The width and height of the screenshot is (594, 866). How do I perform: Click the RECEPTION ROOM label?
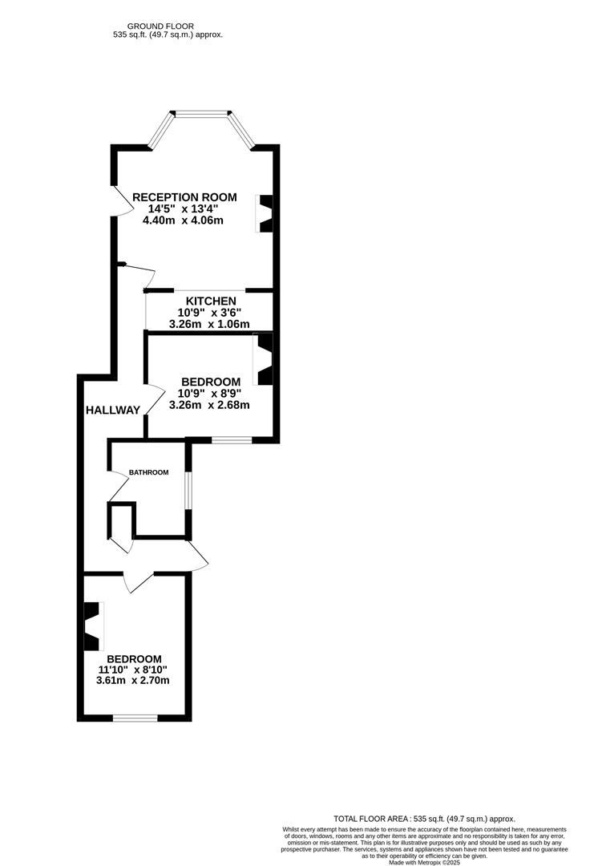[x=184, y=197]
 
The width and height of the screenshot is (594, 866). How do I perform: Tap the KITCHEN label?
[x=211, y=301]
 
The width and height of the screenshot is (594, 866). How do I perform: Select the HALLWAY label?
[x=112, y=411]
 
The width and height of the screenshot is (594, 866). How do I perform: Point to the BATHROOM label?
[x=148, y=473]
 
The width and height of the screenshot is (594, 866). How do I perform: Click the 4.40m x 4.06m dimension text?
[x=183, y=221]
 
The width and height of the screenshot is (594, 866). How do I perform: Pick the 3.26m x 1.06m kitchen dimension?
[x=209, y=324]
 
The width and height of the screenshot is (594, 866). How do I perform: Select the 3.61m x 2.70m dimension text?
[x=132, y=681]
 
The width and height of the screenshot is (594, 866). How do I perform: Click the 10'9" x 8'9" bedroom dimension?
[x=209, y=393]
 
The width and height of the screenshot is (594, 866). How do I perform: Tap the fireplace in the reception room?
[x=265, y=213]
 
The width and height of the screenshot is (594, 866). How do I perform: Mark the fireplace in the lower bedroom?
[x=93, y=626]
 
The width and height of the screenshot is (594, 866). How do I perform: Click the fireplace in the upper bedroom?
[x=263, y=359]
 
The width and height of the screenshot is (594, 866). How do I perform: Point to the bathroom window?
[x=188, y=490]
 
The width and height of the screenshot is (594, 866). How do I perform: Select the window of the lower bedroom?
[x=135, y=718]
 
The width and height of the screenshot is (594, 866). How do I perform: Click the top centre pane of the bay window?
[x=201, y=114]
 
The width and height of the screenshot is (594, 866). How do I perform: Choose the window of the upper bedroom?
[x=232, y=440]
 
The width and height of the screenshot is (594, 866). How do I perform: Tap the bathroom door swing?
[x=119, y=485]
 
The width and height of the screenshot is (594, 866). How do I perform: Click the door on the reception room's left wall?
[x=122, y=200]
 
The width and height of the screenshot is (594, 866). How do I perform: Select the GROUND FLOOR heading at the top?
[x=160, y=26]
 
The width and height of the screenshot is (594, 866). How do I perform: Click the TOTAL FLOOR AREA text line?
[x=425, y=819]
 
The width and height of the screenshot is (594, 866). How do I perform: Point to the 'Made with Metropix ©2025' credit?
[x=425, y=862]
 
